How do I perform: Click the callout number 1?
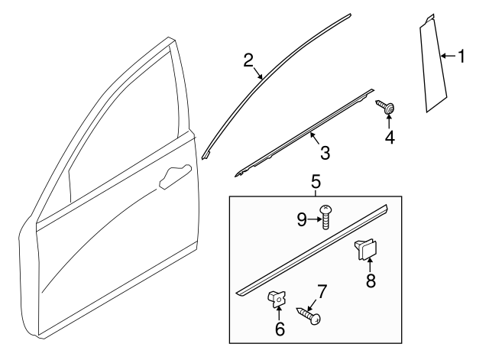(461, 56)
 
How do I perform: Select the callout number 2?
(249, 60)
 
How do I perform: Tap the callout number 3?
(325, 153)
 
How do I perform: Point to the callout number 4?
(390, 138)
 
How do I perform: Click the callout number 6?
(280, 329)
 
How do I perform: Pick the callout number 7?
(322, 291)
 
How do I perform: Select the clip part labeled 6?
(277, 300)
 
